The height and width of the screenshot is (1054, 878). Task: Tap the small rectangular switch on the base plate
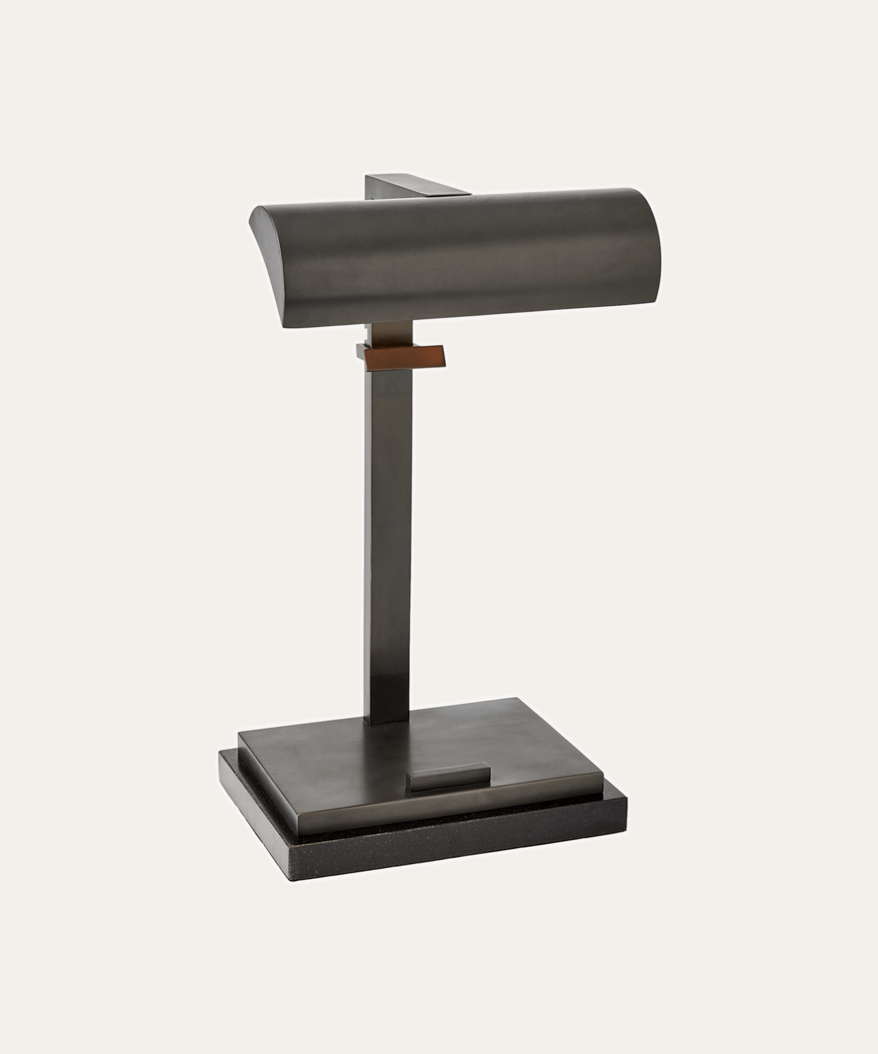click(450, 776)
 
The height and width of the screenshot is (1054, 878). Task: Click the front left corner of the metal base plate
click(240, 735)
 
